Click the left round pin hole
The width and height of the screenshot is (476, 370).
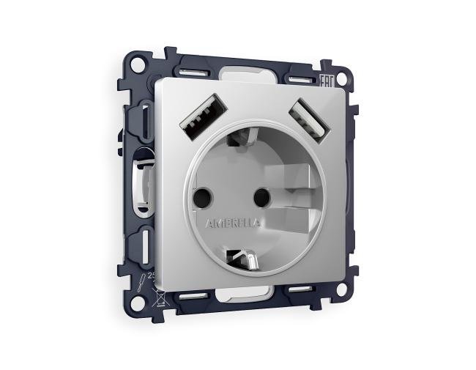click(203, 196)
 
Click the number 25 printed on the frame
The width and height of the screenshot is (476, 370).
click(152, 276)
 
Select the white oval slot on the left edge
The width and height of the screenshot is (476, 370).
click(141, 179)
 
